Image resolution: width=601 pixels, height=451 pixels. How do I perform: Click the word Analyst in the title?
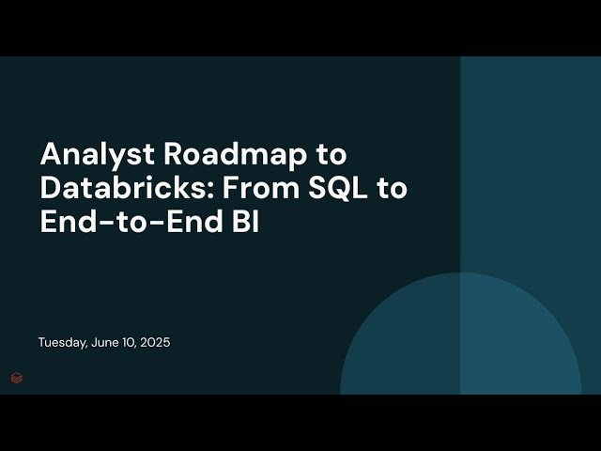90,154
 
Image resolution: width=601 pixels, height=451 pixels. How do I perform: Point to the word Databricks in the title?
119,188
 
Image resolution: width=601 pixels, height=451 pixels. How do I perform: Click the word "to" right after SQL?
393,189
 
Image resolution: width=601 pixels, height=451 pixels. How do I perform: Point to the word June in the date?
112,343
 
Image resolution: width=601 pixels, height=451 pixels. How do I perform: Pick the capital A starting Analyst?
49,154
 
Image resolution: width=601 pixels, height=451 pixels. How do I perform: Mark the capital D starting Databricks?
50,188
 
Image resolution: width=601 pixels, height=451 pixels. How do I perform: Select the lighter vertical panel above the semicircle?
531,160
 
